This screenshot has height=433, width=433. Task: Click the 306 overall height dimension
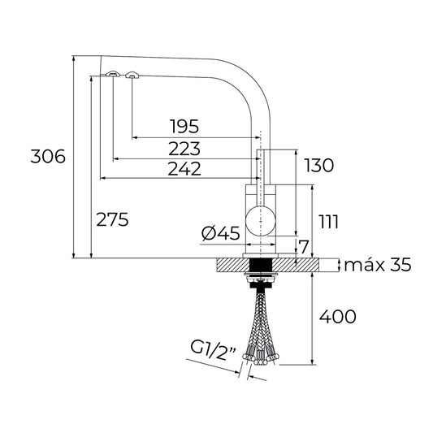click(46, 158)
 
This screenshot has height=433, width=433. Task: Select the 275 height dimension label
click(111, 219)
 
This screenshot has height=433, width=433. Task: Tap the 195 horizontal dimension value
click(184, 127)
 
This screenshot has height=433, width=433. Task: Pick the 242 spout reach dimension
click(184, 168)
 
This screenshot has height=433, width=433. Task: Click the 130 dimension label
click(318, 166)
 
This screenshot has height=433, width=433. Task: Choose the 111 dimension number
click(328, 221)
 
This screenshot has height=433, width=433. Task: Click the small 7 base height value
click(304, 246)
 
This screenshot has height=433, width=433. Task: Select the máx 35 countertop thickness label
click(378, 265)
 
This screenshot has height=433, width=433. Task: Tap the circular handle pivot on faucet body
click(261, 219)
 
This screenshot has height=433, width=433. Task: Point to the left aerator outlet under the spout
click(113, 75)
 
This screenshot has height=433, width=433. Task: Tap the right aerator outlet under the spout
click(132, 76)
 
